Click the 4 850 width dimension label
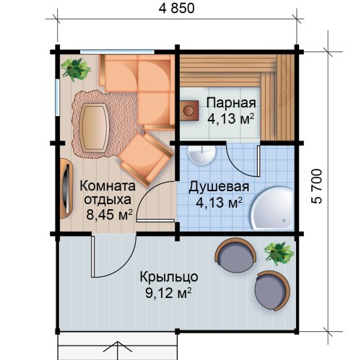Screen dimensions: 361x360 tap(177, 9)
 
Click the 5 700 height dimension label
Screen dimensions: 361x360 tap(318, 186)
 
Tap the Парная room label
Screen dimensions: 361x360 tap(231, 103)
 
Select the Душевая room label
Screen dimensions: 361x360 tap(219, 187)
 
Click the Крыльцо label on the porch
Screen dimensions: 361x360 tap(169, 277)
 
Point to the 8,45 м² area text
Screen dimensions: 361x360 tap(110, 215)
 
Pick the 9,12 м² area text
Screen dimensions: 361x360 tap(168, 293)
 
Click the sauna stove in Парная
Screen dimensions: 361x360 tap(189, 110)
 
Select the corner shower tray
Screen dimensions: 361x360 tap(274, 208)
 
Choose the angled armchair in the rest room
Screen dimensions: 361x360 tap(146, 159)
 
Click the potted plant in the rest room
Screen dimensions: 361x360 tap(75, 69)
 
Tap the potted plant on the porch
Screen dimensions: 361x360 tap(279, 254)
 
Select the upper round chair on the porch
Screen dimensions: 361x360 tap(235, 255)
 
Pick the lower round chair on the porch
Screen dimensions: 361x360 tap(272, 291)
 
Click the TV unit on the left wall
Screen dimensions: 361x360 tap(66, 188)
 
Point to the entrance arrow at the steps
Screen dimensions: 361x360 tap(118, 350)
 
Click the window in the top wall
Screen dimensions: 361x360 tap(117, 51)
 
